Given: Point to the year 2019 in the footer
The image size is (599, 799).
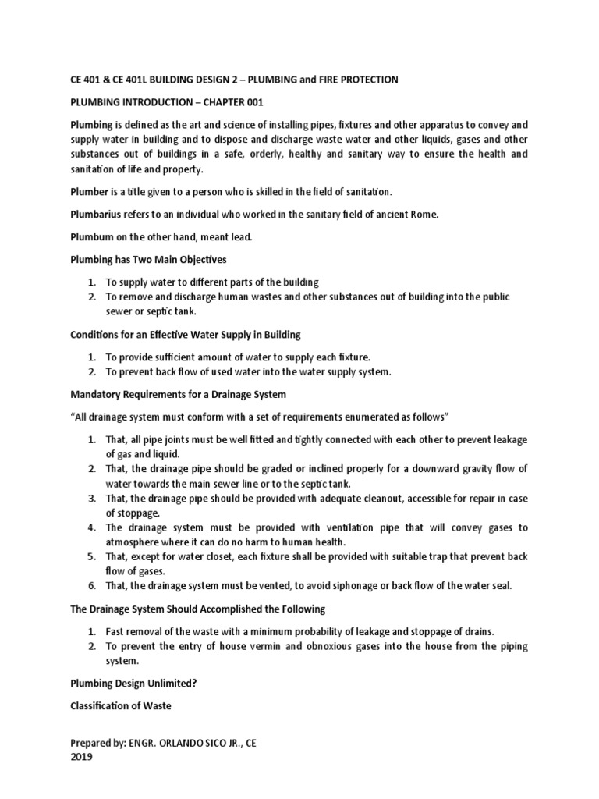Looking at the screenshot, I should pos(81,757).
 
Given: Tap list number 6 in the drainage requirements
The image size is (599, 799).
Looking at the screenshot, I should pos(91,586).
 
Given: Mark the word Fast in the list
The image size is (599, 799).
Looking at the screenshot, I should pos(118,630).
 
